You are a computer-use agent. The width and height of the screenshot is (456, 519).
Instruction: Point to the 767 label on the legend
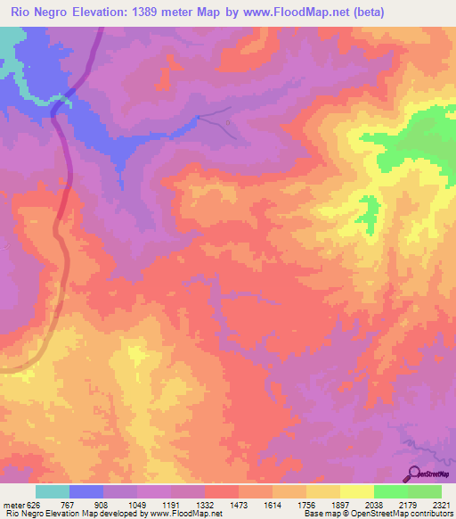point(70,504)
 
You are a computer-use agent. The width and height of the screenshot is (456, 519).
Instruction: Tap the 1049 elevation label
point(137,504)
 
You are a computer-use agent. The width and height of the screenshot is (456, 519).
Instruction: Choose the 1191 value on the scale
point(171,504)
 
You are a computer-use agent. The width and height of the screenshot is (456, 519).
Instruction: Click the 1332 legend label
point(205,504)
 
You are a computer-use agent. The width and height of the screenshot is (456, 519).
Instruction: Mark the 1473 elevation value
point(239,504)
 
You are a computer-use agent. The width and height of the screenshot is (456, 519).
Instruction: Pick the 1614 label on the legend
point(273,504)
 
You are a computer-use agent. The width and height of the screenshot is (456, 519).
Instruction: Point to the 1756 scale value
point(306,504)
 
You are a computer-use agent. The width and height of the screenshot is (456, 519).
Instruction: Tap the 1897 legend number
point(340,504)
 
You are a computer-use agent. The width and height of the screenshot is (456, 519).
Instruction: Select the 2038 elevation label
point(374,504)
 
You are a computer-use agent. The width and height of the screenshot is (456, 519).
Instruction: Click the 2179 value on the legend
point(408,504)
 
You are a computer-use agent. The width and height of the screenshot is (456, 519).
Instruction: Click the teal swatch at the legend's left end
point(53,491)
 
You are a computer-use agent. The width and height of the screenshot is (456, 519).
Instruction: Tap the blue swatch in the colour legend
point(86,491)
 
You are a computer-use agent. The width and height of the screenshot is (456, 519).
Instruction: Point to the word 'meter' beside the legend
point(13,504)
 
